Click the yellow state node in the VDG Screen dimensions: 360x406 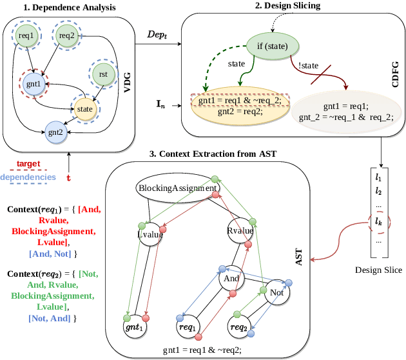pyautogui.click(x=84, y=110)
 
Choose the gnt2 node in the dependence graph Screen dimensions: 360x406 pyautogui.click(x=57, y=133)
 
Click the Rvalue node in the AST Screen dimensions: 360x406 pyautogui.click(x=239, y=231)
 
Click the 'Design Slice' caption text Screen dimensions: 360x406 pyautogui.click(x=378, y=270)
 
